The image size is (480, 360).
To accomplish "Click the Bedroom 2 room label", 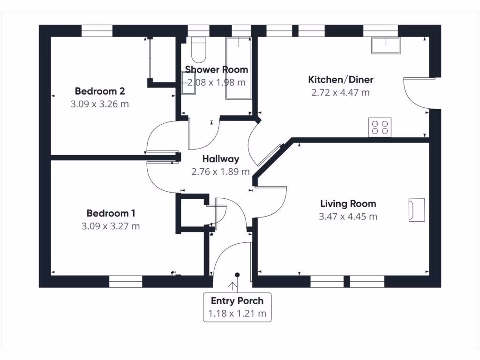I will (99, 91).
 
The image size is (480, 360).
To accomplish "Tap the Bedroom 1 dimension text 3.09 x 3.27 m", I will (111, 226).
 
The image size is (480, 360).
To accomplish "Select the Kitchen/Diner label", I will (340, 79).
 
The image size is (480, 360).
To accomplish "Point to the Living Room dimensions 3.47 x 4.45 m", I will (348, 217).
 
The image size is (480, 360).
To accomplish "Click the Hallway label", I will (221, 159).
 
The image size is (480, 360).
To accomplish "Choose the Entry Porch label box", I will (237, 307).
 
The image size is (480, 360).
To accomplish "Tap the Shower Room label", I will (217, 70).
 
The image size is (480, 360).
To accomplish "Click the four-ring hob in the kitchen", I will (380, 127).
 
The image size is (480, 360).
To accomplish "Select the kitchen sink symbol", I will (386, 45).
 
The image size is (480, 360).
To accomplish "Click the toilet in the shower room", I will (199, 50).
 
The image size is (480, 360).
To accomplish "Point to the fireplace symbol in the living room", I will (416, 210).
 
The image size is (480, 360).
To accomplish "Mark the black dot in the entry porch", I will (238, 275).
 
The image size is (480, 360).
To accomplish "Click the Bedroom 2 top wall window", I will (97, 31).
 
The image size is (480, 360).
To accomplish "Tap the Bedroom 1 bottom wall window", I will (126, 281).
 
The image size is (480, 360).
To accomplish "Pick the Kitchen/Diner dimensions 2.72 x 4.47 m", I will (340, 92).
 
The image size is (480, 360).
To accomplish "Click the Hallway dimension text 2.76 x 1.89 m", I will (221, 172).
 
